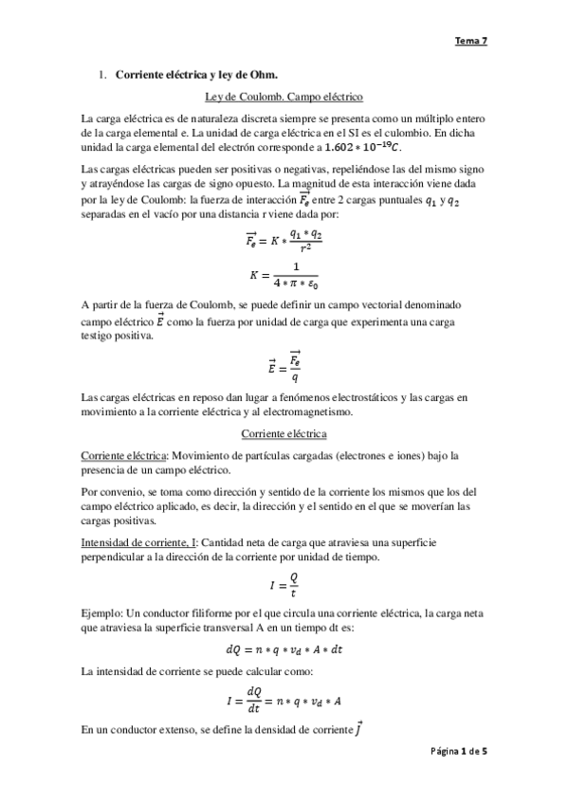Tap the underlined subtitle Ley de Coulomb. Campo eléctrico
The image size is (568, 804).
pyautogui.click(x=284, y=97)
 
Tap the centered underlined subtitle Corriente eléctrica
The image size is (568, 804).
pyautogui.click(x=284, y=433)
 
